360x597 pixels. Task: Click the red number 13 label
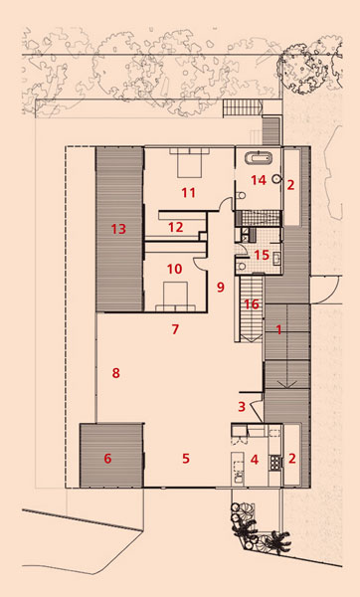tap(118, 229)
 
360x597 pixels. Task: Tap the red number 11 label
tap(188, 193)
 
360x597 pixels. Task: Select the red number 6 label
tap(107, 459)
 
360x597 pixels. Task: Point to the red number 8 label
tap(115, 373)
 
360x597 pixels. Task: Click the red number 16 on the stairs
tap(252, 304)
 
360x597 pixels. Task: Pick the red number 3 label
tap(242, 407)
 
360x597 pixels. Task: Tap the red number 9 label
tap(221, 287)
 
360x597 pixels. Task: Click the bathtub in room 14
tap(259, 157)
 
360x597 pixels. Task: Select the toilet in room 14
tap(240, 196)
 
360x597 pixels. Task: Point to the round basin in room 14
tap(276, 178)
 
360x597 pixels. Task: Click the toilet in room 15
tap(241, 266)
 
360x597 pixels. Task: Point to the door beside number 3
tap(258, 409)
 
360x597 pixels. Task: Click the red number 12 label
tap(175, 227)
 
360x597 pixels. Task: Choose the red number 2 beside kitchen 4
tap(292, 459)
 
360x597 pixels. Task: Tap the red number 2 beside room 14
tap(290, 185)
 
